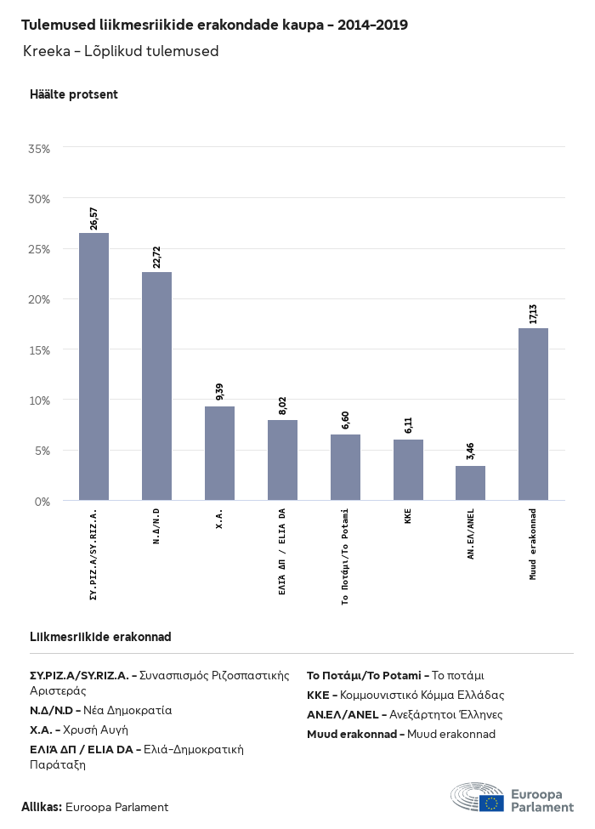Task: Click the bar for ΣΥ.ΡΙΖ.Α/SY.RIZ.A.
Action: pyautogui.click(x=93, y=366)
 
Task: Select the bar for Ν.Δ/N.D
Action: pyautogui.click(x=156, y=386)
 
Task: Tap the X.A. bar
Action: pyautogui.click(x=219, y=453)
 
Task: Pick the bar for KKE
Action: pyautogui.click(x=408, y=469)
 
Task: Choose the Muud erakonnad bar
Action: pyautogui.click(x=533, y=414)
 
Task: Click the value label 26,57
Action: pyautogui.click(x=94, y=219)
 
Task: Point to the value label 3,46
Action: pyautogui.click(x=471, y=451)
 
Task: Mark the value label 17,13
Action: pyautogui.click(x=534, y=313)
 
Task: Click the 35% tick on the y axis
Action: pyautogui.click(x=39, y=148)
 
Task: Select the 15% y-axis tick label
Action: pyautogui.click(x=39, y=349)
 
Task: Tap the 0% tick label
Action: pyautogui.click(x=42, y=501)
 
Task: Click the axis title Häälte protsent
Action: pyautogui.click(x=73, y=94)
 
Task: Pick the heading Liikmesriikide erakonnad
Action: pyautogui.click(x=100, y=637)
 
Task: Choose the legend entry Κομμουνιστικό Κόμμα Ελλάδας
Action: pyautogui.click(x=405, y=695)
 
